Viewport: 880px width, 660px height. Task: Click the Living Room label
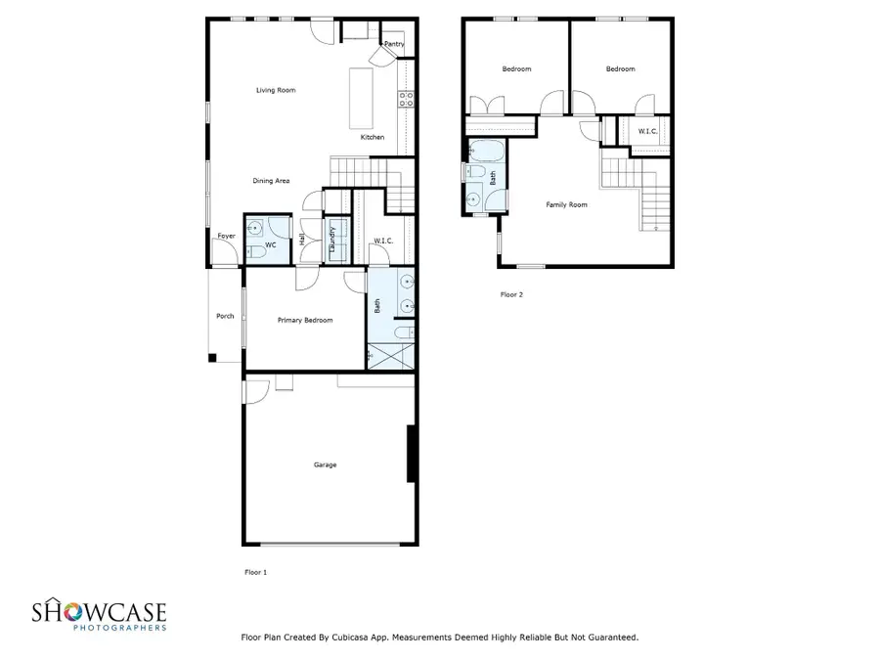(x=276, y=90)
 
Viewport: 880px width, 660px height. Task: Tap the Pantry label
(x=393, y=44)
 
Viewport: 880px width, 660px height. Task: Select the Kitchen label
(x=373, y=137)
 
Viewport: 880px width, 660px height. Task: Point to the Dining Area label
(x=271, y=180)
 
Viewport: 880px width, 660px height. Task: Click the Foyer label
(x=226, y=236)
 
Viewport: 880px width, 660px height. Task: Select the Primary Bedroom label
(x=305, y=321)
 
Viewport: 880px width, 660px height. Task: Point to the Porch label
(x=225, y=315)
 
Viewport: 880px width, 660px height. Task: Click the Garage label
(x=325, y=464)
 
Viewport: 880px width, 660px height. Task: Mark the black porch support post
(x=212, y=358)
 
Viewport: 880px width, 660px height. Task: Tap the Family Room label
(x=566, y=204)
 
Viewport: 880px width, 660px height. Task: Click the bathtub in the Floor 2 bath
(x=486, y=152)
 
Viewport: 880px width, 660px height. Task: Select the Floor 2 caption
(x=511, y=293)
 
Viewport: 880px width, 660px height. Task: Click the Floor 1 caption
(x=254, y=571)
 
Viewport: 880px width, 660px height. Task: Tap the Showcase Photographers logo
(x=98, y=616)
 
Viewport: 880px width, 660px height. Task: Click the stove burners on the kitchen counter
(x=406, y=98)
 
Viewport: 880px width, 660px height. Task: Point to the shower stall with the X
(x=391, y=355)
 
